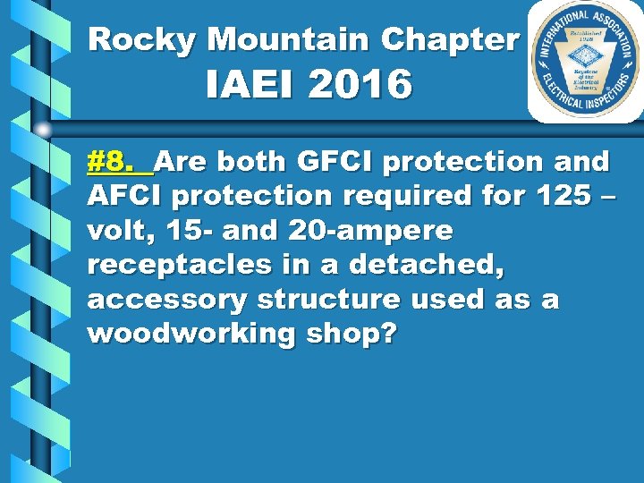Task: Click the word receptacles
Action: pyautogui.click(x=174, y=265)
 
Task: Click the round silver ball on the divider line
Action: pyautogui.click(x=43, y=130)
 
